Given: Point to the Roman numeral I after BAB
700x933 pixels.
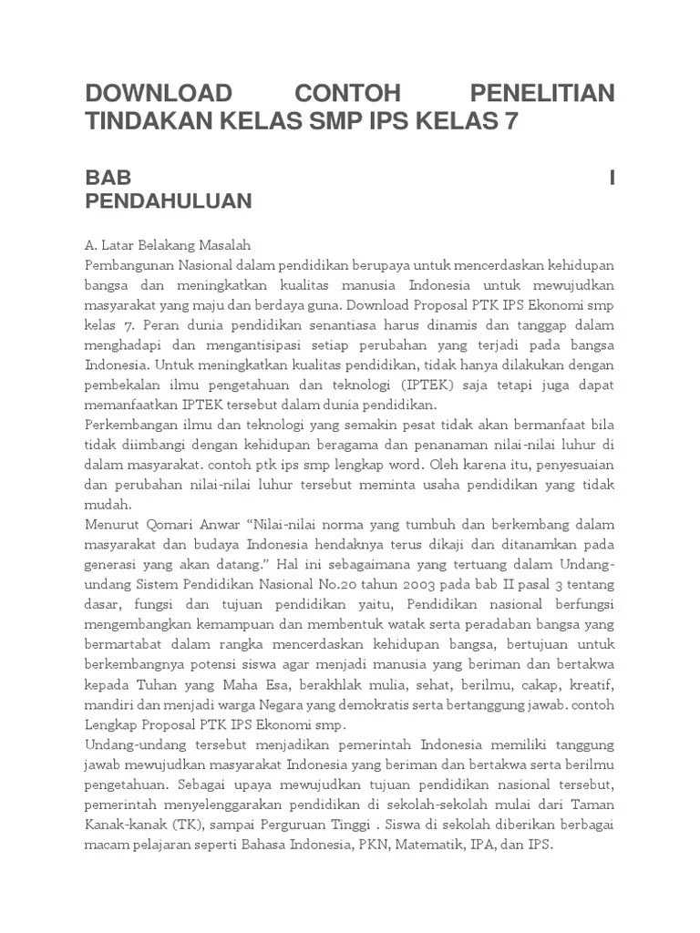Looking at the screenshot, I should [x=612, y=177].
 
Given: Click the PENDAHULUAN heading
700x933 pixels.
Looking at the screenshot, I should [x=169, y=201].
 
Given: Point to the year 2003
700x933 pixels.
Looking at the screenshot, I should [x=429, y=585].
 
